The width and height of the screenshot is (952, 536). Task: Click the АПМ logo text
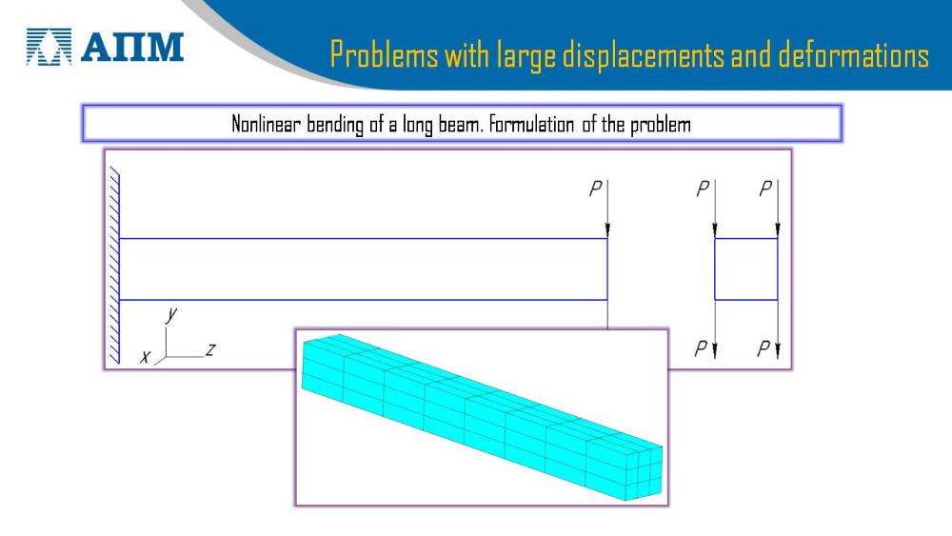[132, 47]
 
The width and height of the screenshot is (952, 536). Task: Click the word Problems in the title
[384, 54]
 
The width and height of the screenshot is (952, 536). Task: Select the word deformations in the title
[854, 54]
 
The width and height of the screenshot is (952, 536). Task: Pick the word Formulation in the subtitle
[531, 125]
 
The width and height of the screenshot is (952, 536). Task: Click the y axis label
[171, 314]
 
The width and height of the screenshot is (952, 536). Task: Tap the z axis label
[210, 349]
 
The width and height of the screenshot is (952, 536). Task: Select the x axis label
[145, 357]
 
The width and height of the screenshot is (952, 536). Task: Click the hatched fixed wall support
[114, 268]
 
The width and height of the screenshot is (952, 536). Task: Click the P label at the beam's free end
[596, 189]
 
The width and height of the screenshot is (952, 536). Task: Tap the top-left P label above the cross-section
[703, 189]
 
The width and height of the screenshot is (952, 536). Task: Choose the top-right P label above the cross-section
[765, 189]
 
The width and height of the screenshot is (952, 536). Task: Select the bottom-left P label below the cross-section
[702, 348]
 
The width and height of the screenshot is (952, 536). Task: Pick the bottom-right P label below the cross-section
[764, 348]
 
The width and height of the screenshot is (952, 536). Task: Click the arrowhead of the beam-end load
[607, 230]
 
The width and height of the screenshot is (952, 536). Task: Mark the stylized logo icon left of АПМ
[49, 46]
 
